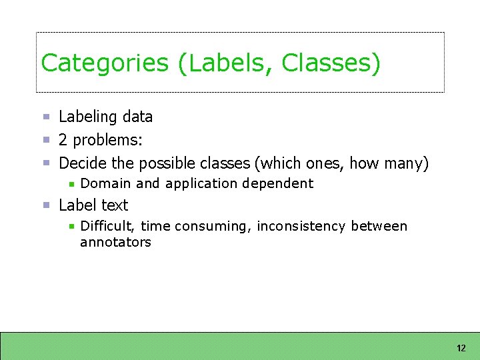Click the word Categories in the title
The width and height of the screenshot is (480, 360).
105,63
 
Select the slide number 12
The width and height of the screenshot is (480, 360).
461,348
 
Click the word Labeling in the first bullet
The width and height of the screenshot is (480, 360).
87,117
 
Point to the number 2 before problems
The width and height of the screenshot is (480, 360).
63,141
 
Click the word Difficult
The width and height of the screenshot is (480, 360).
107,227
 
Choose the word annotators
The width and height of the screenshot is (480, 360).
115,243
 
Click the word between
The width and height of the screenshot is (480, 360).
379,227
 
